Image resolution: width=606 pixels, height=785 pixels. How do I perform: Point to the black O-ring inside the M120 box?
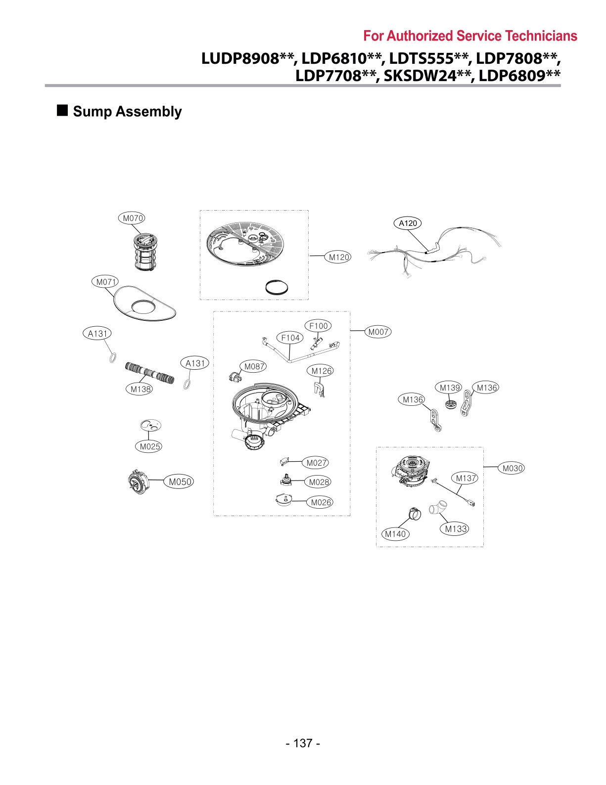click(x=277, y=287)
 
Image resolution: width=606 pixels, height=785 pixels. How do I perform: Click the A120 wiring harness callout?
click(x=408, y=223)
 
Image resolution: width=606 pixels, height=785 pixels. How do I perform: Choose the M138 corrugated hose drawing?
click(x=149, y=373)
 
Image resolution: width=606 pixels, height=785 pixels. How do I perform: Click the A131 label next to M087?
click(x=195, y=363)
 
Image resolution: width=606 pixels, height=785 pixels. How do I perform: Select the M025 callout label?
click(x=149, y=446)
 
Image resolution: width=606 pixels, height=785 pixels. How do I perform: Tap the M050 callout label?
click(x=180, y=482)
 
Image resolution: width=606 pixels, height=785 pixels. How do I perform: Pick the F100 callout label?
click(x=318, y=326)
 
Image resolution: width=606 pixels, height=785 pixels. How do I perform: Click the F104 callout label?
click(x=290, y=338)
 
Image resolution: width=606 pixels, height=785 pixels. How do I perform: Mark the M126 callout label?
click(x=321, y=371)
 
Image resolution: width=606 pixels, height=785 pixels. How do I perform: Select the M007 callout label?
click(x=378, y=332)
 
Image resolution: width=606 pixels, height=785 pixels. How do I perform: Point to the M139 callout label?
click(x=450, y=388)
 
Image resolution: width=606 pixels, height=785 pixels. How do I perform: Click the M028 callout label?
click(x=319, y=482)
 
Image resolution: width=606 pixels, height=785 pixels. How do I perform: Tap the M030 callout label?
click(x=513, y=468)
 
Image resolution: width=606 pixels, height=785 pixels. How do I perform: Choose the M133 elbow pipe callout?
click(x=455, y=529)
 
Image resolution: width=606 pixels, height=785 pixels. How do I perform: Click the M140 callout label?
click(x=395, y=534)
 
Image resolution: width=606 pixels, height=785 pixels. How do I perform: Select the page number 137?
click(x=303, y=743)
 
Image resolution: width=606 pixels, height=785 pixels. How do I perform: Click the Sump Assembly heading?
click(x=127, y=112)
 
